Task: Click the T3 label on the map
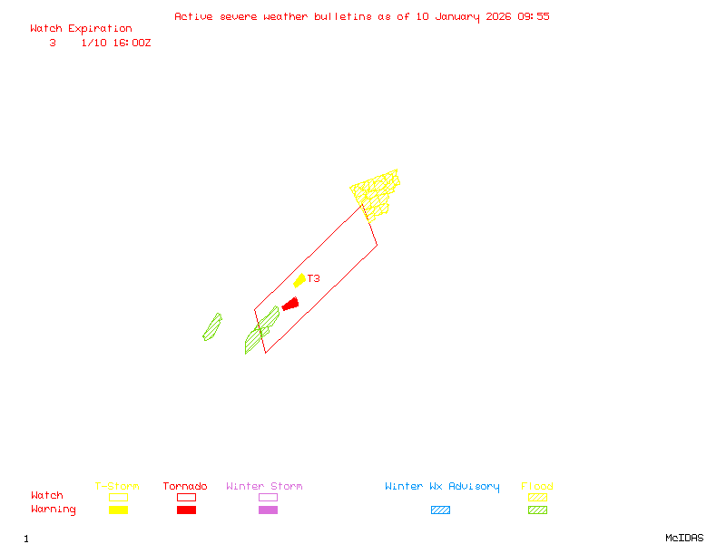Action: pos(313,278)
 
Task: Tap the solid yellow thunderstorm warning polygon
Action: pos(299,281)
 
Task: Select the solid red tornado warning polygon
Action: pos(290,304)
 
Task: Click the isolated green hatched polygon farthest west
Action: pos(212,327)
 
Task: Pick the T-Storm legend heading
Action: pos(117,487)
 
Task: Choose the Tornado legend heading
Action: pos(185,487)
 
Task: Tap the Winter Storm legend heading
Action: pos(264,487)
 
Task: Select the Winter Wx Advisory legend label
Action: pos(442,487)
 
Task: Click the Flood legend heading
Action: pos(537,487)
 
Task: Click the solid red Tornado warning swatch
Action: pos(186,510)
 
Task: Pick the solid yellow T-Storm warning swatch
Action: pos(118,510)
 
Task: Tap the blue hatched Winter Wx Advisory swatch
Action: pos(440,510)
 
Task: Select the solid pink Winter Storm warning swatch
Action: pos(268,510)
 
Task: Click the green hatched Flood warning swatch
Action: pos(537,510)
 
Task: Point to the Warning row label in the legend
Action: pos(54,510)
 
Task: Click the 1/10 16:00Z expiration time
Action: pos(116,43)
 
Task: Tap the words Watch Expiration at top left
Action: pos(81,29)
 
